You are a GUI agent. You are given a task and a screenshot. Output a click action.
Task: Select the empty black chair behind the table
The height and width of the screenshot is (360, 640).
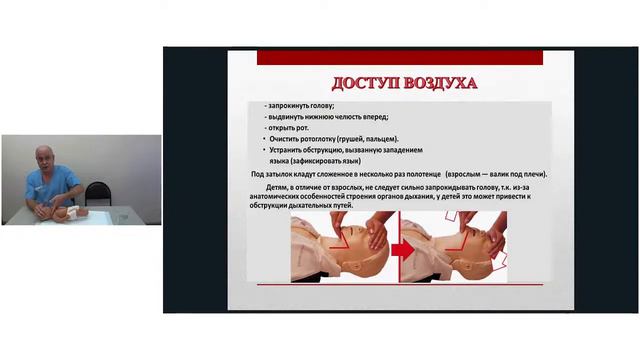(x=97, y=192)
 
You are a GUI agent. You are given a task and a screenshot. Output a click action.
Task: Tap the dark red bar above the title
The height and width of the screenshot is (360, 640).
(x=400, y=57)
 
